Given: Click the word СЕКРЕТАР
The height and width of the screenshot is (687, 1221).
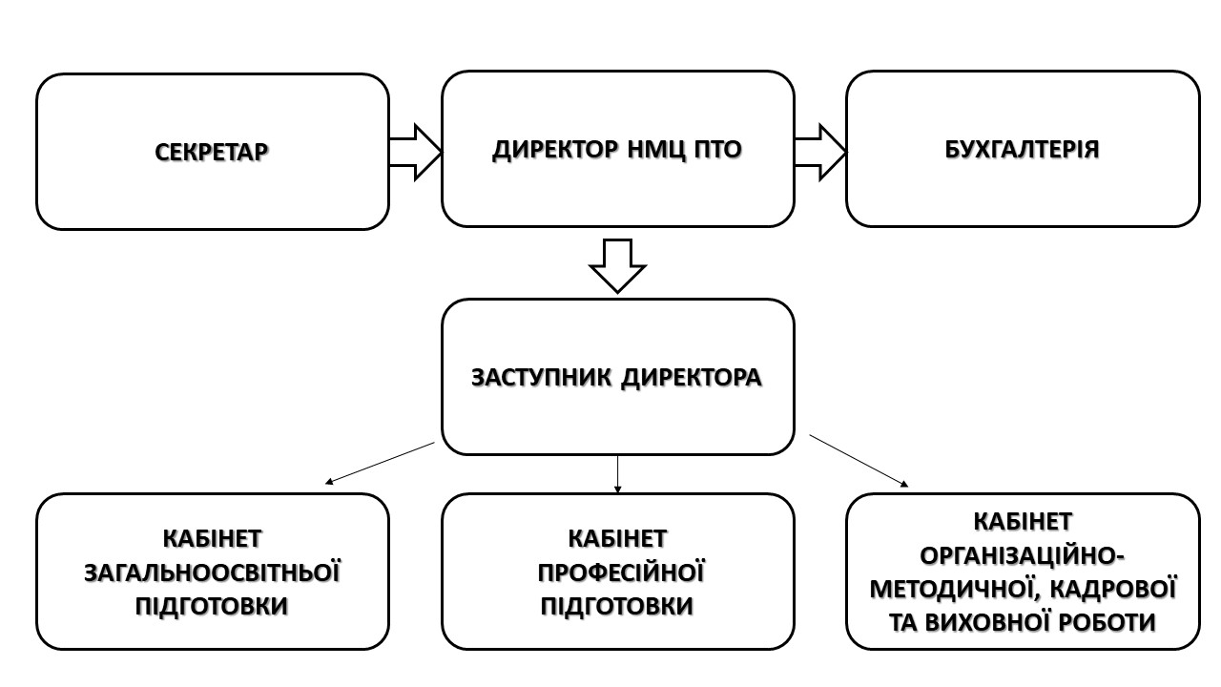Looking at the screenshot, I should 212,152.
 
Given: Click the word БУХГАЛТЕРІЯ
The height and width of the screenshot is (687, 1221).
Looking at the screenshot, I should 1022,150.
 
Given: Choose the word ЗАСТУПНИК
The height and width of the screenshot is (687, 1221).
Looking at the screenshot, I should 541,377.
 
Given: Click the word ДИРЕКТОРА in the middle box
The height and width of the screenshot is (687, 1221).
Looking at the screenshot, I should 692,377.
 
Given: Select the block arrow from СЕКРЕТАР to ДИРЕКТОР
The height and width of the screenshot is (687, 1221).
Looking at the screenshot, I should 415,151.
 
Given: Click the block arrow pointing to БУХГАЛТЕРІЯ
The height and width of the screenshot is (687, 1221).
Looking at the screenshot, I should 820,151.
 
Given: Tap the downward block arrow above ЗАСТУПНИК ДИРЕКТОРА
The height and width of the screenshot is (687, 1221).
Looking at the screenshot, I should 617,264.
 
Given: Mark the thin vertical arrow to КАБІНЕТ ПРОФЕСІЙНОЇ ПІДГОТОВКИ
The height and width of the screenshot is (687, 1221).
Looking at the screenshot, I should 618,473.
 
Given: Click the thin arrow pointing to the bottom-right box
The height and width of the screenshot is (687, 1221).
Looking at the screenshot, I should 859,461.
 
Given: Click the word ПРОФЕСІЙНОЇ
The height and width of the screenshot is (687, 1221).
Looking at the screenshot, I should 621,572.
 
